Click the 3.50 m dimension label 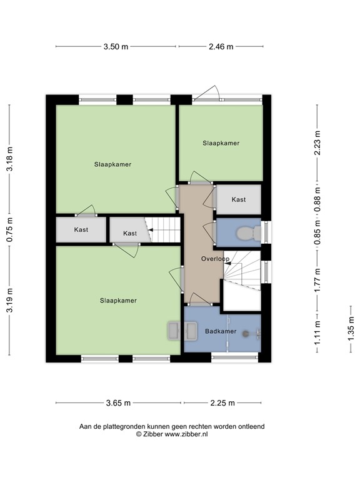coord(116,46)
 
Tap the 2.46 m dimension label coord(221,46)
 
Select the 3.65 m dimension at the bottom coord(118,403)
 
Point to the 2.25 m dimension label coord(222,403)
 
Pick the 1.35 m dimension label coord(351,328)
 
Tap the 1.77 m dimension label coord(317,280)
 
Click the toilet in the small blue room coord(249,233)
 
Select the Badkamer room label coord(221,331)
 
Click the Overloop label coord(215,259)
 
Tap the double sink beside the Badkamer coord(182,331)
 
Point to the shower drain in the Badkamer coord(246,333)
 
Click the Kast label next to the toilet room coord(239,199)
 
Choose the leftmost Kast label coord(81,229)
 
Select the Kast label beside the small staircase coord(130,233)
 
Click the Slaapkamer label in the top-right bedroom coord(221,143)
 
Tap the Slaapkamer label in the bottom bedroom coord(118,301)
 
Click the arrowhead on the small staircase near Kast coord(150,229)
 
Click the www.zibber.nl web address coord(186,434)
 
